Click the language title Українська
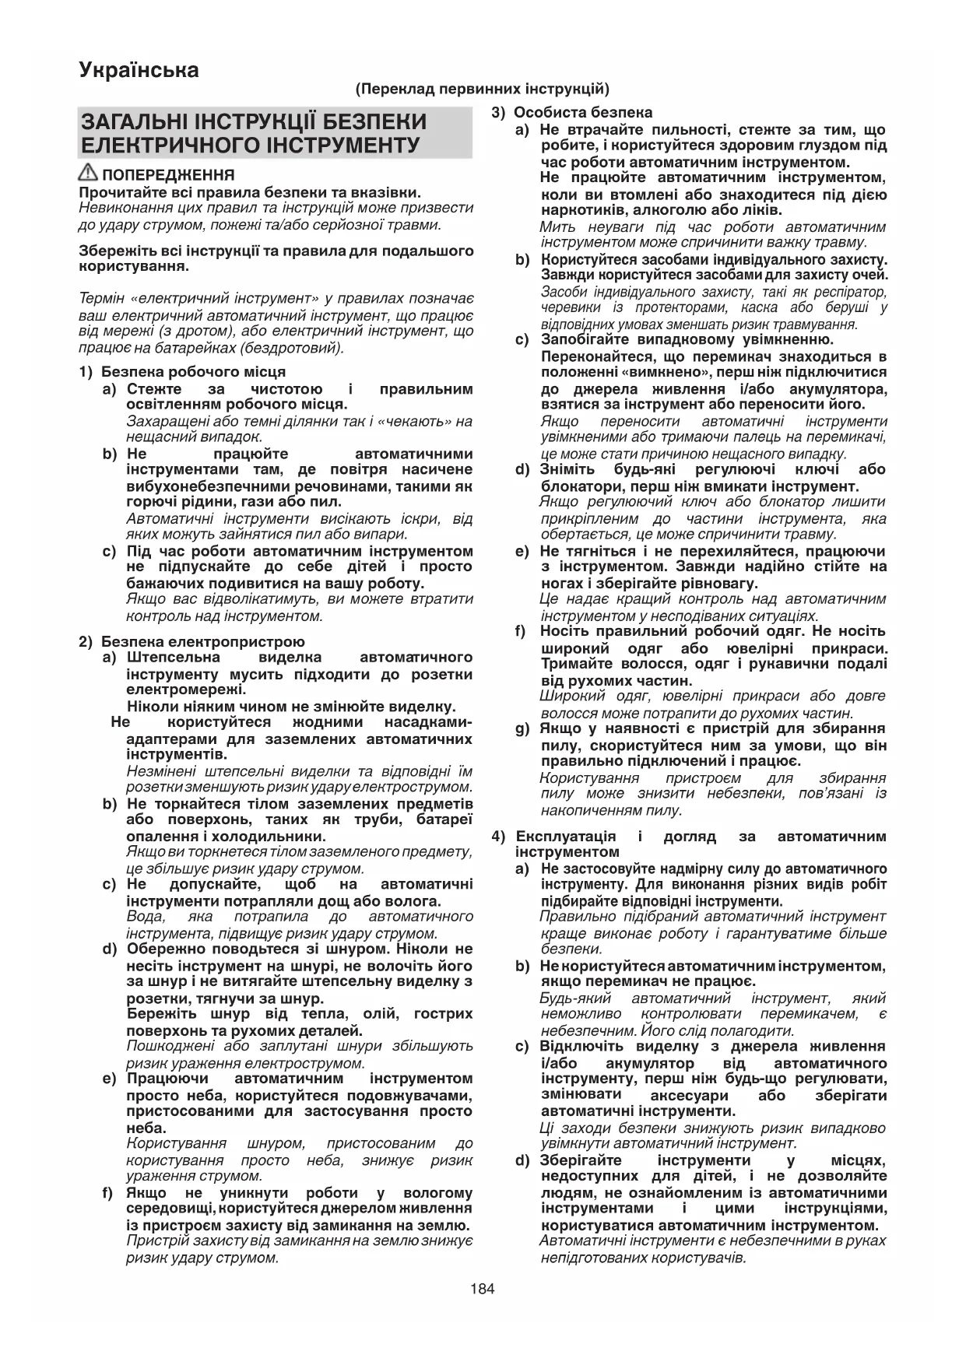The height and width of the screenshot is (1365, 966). click(x=139, y=71)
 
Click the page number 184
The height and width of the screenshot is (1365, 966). click(x=483, y=1289)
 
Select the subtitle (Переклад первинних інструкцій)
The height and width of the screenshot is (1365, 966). click(x=483, y=89)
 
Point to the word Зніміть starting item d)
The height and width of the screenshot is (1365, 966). click(x=567, y=470)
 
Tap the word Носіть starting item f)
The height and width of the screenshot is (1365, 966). click(x=564, y=631)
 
